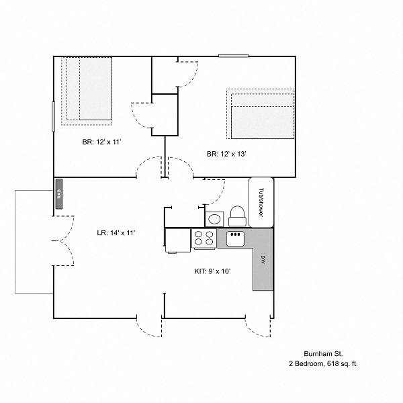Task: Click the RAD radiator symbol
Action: click(x=59, y=194)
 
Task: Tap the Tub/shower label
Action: click(x=261, y=203)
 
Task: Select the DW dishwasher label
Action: click(x=263, y=260)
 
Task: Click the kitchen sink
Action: click(x=235, y=238)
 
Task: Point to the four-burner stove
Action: click(x=204, y=238)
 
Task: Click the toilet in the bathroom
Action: click(x=237, y=216)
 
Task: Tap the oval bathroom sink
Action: click(x=214, y=219)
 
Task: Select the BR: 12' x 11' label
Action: click(x=101, y=142)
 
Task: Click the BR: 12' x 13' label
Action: click(x=226, y=154)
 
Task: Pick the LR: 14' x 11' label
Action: click(x=116, y=233)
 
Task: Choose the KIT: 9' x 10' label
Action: click(x=212, y=271)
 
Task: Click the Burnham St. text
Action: click(x=323, y=354)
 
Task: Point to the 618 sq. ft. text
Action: click(x=343, y=364)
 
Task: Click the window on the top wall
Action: click(x=233, y=56)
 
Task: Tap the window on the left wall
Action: click(x=54, y=117)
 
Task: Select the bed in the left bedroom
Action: click(x=87, y=91)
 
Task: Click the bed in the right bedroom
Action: click(x=261, y=114)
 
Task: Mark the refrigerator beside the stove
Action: click(x=177, y=240)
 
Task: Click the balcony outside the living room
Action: click(x=34, y=242)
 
